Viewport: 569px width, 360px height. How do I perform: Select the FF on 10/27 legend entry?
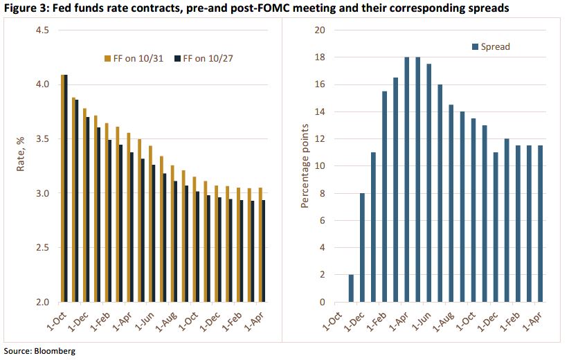point(208,59)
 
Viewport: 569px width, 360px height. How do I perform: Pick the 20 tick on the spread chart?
point(319,30)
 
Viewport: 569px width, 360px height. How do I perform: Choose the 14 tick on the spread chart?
point(319,112)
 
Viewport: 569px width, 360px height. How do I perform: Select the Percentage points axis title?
point(304,166)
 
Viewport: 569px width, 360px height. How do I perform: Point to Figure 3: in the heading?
point(26,9)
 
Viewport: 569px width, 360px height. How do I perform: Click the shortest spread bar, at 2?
point(351,288)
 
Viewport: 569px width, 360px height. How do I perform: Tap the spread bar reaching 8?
point(362,247)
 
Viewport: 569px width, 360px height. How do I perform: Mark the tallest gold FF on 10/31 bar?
point(63,188)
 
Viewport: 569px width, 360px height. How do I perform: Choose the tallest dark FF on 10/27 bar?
point(66,188)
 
